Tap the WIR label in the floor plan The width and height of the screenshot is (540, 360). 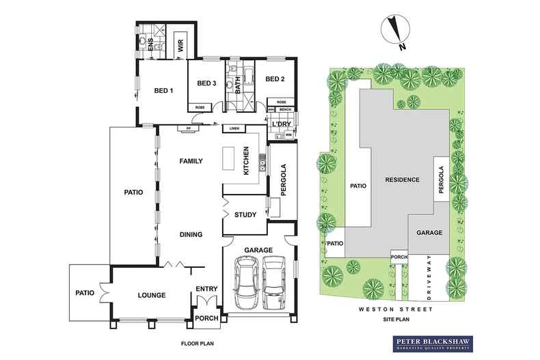181,46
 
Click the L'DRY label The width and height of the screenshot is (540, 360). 282,124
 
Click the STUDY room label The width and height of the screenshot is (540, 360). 245,215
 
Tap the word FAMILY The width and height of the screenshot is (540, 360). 193,162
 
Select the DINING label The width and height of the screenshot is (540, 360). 191,234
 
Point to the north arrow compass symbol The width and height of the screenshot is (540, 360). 394,31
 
